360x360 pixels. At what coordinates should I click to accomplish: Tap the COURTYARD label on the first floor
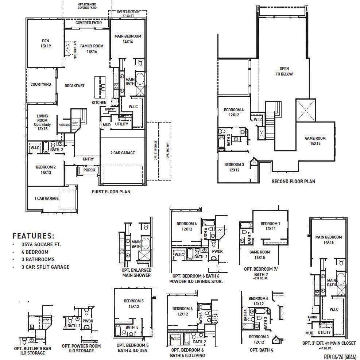(40, 84)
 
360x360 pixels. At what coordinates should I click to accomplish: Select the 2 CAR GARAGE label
(122, 153)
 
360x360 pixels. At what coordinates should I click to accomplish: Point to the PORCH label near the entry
(89, 170)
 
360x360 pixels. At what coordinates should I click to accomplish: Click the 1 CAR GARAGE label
(46, 198)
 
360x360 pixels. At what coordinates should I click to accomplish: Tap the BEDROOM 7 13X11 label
(270, 226)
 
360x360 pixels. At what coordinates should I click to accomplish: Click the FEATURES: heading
(33, 236)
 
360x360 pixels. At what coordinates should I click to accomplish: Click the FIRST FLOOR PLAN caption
(111, 191)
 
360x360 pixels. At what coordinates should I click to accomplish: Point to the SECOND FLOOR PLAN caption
(293, 181)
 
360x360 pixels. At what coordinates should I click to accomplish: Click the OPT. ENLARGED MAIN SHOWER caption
(136, 273)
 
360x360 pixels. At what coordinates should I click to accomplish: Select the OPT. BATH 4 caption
(261, 350)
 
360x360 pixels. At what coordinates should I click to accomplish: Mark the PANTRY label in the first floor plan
(110, 109)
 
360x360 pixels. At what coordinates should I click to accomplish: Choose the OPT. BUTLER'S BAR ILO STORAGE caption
(32, 351)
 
